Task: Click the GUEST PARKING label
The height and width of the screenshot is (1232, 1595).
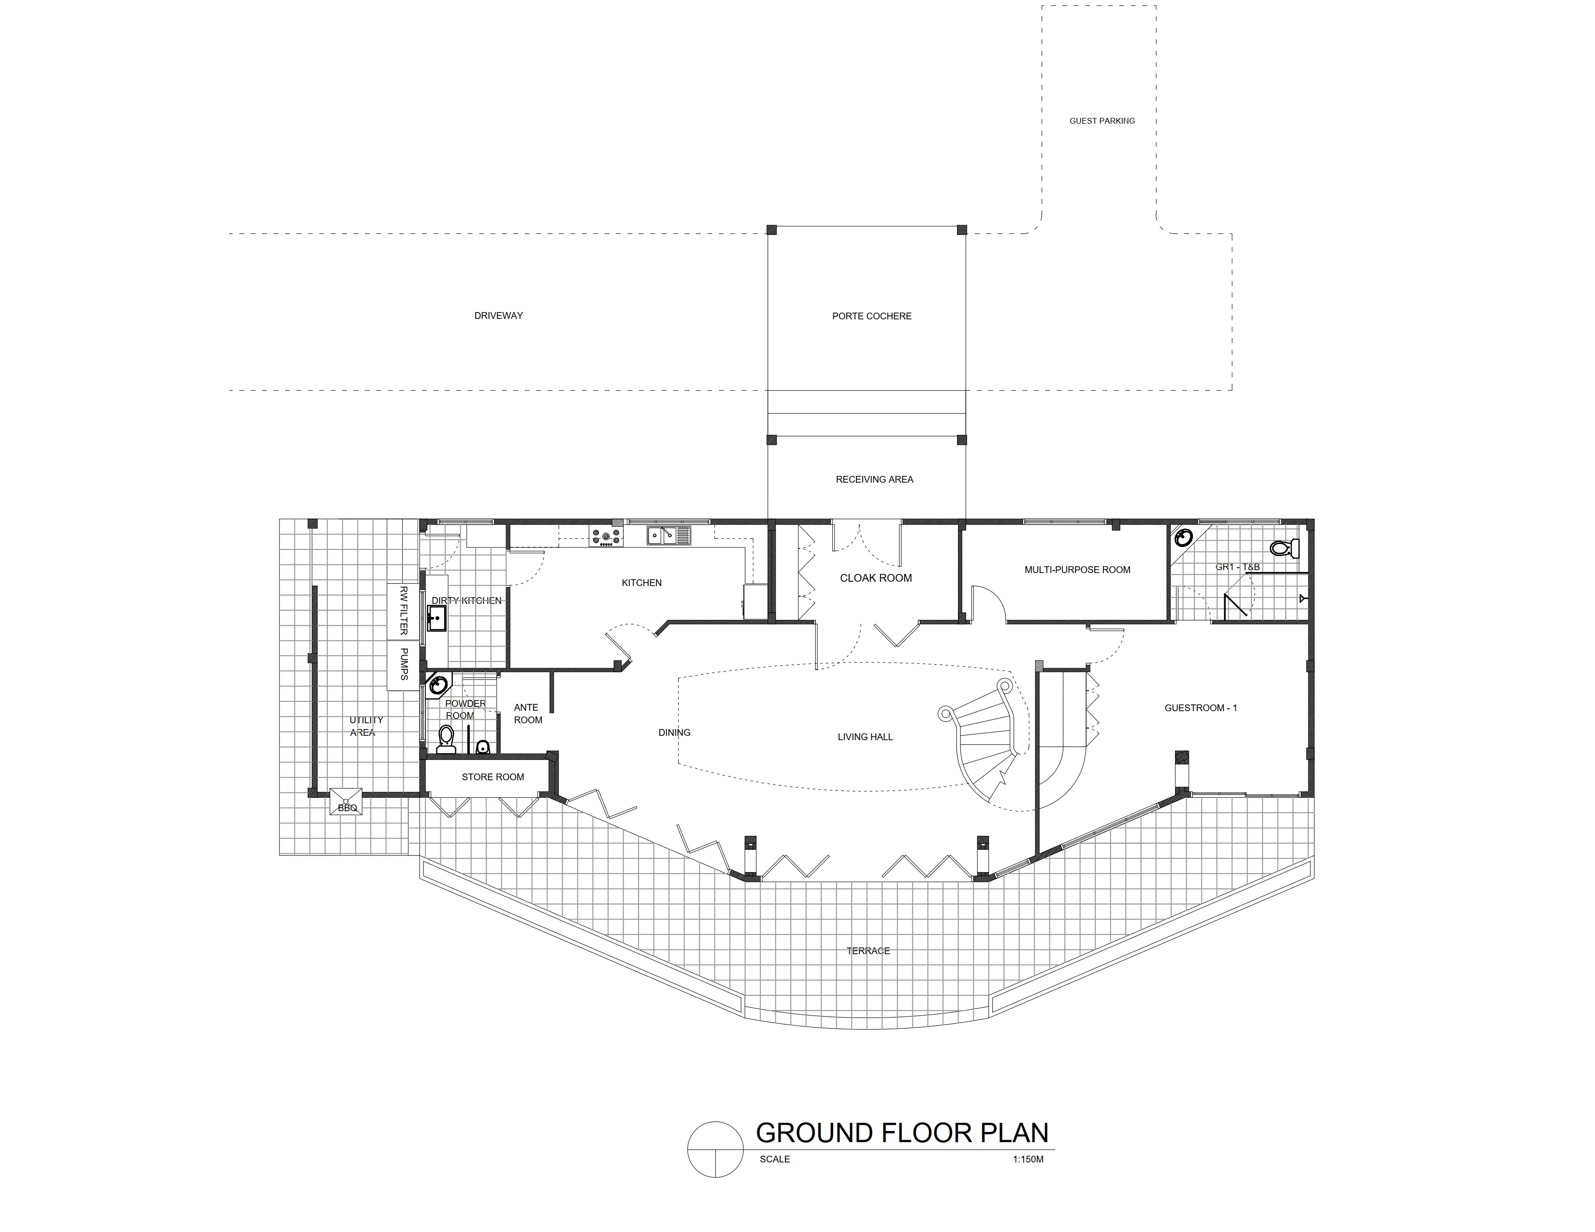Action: click(x=1102, y=120)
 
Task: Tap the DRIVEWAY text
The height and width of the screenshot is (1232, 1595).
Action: click(x=499, y=315)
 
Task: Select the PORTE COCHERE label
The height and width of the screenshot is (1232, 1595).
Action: click(x=872, y=316)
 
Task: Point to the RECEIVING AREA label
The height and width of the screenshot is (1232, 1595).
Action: click(x=875, y=480)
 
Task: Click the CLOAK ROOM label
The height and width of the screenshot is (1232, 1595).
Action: click(x=876, y=578)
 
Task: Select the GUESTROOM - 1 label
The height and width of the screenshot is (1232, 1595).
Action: click(x=1201, y=708)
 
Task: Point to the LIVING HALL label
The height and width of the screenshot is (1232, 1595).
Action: click(x=866, y=737)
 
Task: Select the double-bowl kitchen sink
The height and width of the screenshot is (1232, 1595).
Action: click(x=668, y=536)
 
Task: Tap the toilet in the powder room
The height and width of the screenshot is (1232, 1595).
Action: click(x=445, y=739)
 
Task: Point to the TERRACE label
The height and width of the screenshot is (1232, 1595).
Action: click(x=869, y=951)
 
